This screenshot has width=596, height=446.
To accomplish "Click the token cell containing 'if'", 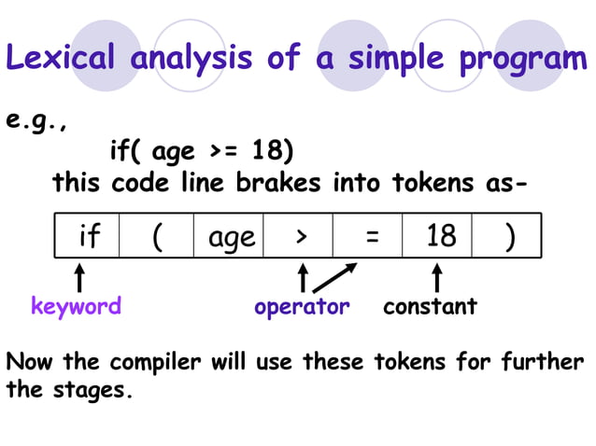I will [x=88, y=237].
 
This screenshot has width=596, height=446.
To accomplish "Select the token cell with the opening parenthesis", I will [x=157, y=237].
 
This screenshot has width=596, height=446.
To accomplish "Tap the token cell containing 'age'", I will [x=230, y=237].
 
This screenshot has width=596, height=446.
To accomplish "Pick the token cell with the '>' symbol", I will [x=299, y=237].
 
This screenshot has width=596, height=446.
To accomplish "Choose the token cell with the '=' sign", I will [x=370, y=237].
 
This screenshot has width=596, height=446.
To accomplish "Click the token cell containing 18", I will [x=439, y=237].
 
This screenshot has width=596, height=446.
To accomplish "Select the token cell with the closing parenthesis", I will [x=508, y=237].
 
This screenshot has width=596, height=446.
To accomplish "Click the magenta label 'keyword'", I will [x=76, y=306].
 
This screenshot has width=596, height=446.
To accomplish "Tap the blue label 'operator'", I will [x=302, y=306].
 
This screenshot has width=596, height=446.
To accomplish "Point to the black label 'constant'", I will [x=430, y=306].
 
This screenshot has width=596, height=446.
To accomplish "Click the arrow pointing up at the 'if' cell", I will [x=81, y=278].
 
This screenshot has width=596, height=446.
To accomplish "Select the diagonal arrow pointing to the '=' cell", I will [x=336, y=277].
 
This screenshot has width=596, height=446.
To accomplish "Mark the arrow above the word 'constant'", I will [x=437, y=278].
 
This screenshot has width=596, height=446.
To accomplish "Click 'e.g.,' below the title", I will [x=38, y=122].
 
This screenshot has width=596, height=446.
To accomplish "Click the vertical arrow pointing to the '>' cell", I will [x=302, y=278].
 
